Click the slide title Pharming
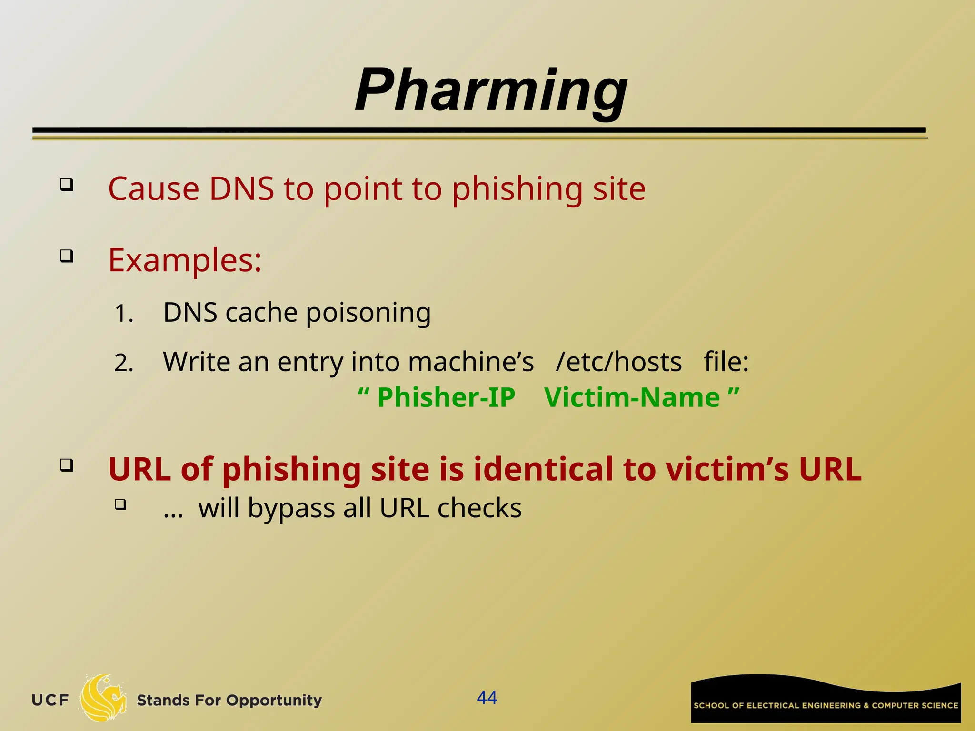tap(491, 90)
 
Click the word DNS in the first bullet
tap(241, 189)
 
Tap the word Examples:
tap(185, 260)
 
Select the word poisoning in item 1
tap(368, 313)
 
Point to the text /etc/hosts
tap(618, 362)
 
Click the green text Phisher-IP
tap(446, 397)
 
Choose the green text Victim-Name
tap(632, 397)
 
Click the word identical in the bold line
tap(543, 469)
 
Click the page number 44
tap(487, 698)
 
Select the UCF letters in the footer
tap(50, 700)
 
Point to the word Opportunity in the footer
tap(274, 701)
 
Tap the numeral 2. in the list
tap(124, 364)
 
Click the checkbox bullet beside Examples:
tap(67, 257)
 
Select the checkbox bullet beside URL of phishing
tap(67, 464)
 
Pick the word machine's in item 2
tap(471, 362)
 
